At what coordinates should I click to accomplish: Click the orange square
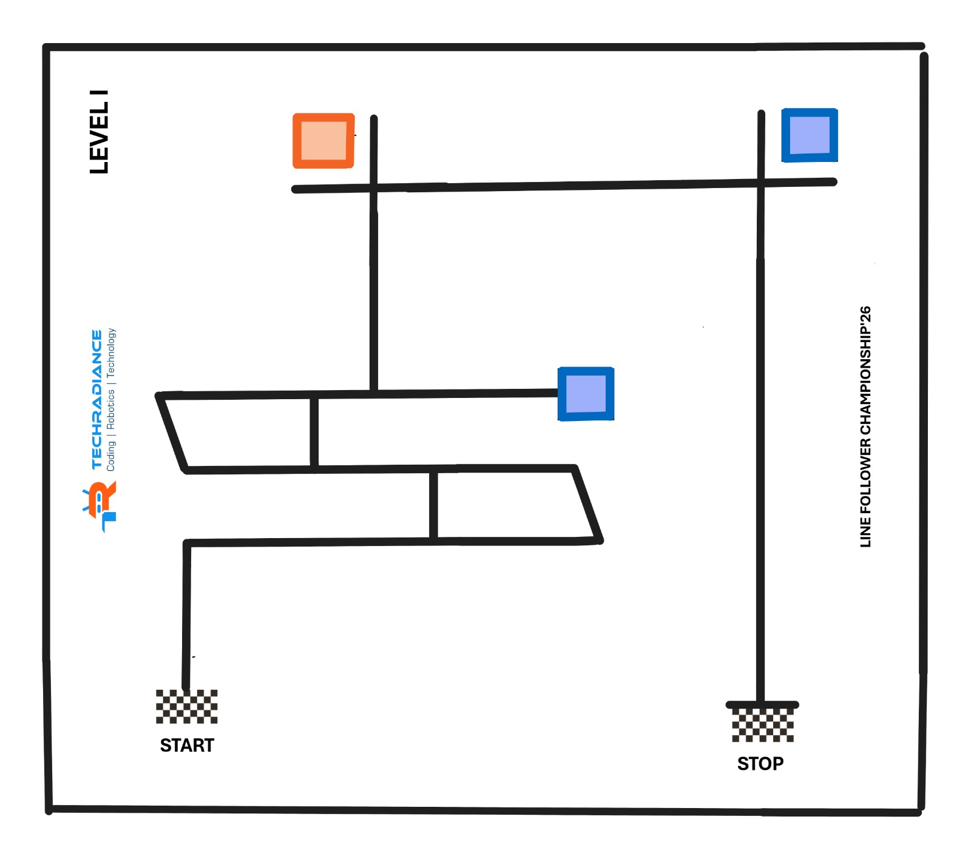pyautogui.click(x=323, y=141)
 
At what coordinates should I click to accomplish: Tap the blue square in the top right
pyautogui.click(x=810, y=135)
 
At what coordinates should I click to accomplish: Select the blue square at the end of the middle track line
pyautogui.click(x=586, y=394)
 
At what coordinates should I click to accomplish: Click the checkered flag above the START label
pyautogui.click(x=186, y=706)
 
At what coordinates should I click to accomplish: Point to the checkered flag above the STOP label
pyautogui.click(x=762, y=725)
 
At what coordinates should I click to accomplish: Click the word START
pyautogui.click(x=187, y=745)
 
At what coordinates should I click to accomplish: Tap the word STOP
pyautogui.click(x=760, y=763)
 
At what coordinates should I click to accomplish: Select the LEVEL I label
pyautogui.click(x=100, y=132)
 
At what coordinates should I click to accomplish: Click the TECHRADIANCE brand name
pyautogui.click(x=96, y=399)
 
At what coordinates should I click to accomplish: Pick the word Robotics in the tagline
pyautogui.click(x=111, y=409)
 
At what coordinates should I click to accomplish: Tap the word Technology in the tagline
pyautogui.click(x=111, y=352)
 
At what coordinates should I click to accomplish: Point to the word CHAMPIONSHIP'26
pyautogui.click(x=865, y=371)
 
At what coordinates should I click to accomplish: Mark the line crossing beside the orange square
pyautogui.click(x=374, y=188)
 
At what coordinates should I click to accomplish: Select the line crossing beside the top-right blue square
pyautogui.click(x=760, y=183)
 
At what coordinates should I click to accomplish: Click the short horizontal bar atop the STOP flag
pyautogui.click(x=762, y=705)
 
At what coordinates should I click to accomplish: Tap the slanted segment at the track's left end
pyautogui.click(x=172, y=433)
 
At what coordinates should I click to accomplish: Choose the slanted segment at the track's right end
pyautogui.click(x=587, y=504)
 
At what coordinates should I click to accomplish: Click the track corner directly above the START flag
pyautogui.click(x=187, y=543)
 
